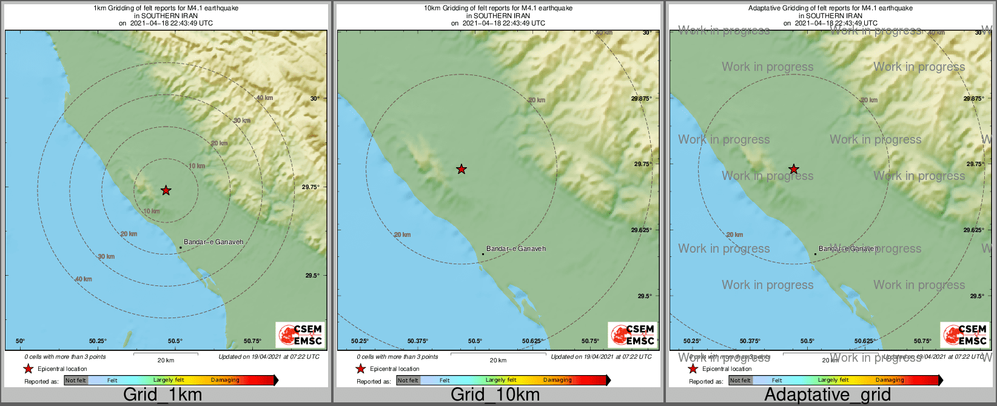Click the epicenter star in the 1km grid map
tap(166, 191)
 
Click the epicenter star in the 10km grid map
tap(462, 169)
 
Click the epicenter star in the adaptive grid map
tap(793, 169)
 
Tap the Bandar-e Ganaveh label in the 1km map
tap(213, 242)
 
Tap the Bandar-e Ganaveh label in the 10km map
tap(516, 248)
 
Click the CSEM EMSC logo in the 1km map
tap(300, 334)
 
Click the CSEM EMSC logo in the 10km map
tap(633, 334)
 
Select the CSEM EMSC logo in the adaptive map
tap(965, 334)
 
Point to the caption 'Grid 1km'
tap(163, 395)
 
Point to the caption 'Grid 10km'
tap(495, 395)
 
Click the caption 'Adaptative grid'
tap(827, 395)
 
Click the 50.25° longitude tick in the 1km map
tap(98, 341)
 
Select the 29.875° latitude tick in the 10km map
tap(642, 98)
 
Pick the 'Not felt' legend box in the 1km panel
tap(76, 381)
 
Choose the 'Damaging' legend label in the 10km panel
tap(557, 381)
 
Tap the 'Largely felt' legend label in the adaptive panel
tap(833, 381)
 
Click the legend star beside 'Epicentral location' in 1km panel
tap(28, 368)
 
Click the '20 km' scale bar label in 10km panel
tap(498, 361)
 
